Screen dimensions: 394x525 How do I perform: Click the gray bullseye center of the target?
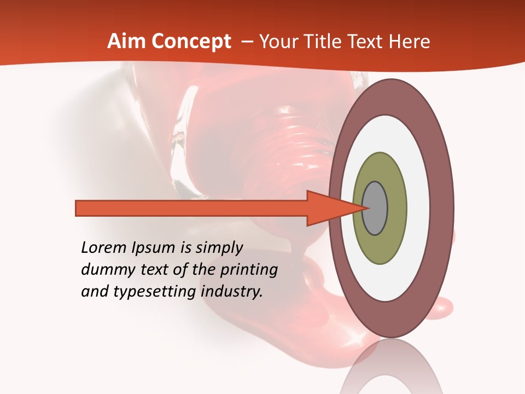pos(375,208)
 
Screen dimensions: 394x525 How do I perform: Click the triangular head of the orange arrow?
pos(328,208)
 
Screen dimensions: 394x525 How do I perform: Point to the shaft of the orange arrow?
pos(191,208)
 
